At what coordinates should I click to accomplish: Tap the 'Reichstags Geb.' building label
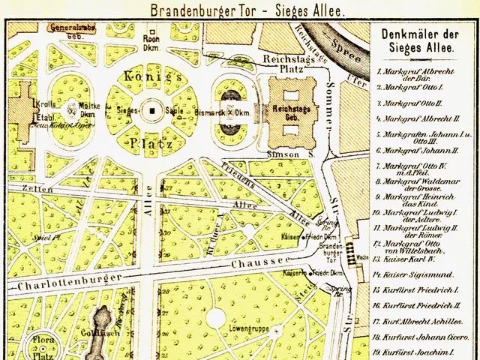[287, 113]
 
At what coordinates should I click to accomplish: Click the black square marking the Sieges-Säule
[152, 111]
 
